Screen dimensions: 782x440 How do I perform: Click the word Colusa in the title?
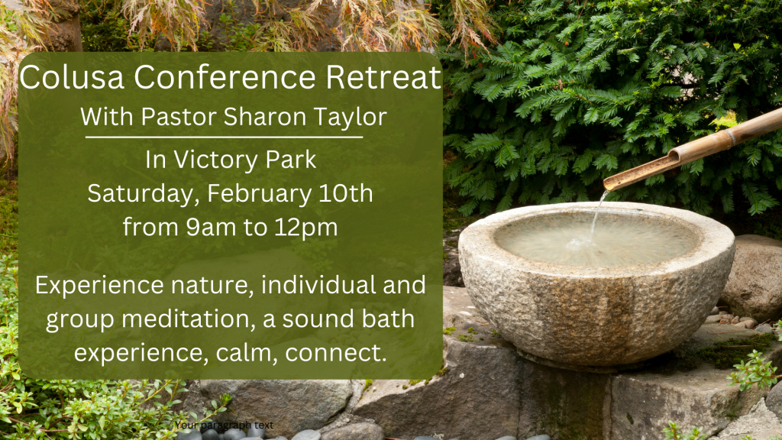pyautogui.click(x=73, y=77)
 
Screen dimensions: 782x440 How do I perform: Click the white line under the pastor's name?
pyautogui.click(x=224, y=137)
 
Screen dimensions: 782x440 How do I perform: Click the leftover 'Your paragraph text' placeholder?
pyautogui.click(x=224, y=425)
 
